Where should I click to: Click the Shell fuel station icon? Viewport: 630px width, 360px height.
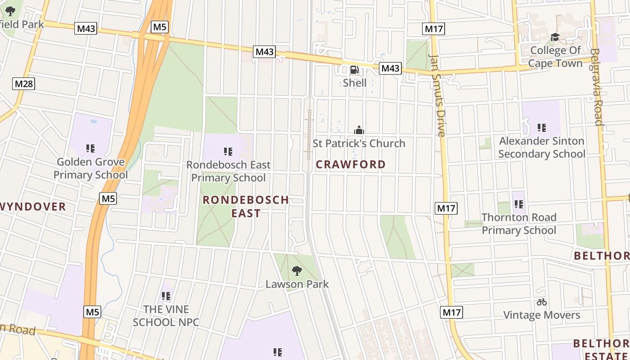pyautogui.click(x=355, y=70)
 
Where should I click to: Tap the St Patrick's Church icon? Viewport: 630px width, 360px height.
pyautogui.click(x=359, y=130)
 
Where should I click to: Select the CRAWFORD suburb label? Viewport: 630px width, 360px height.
pyautogui.click(x=351, y=164)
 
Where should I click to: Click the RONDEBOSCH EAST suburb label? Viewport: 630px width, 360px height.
pyautogui.click(x=246, y=206)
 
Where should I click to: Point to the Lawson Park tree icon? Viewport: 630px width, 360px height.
pyautogui.click(x=297, y=271)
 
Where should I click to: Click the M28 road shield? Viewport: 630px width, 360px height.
pyautogui.click(x=24, y=84)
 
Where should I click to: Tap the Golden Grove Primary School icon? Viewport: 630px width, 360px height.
pyautogui.click(x=90, y=148)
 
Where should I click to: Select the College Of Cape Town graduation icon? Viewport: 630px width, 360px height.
pyautogui.click(x=555, y=37)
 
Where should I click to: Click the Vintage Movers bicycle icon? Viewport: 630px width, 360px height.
pyautogui.click(x=541, y=302)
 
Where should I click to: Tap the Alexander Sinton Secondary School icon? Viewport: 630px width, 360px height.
pyautogui.click(x=542, y=128)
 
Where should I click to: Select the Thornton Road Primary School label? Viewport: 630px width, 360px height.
pyautogui.click(x=519, y=224)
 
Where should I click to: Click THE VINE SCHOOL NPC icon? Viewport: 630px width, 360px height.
pyautogui.click(x=166, y=296)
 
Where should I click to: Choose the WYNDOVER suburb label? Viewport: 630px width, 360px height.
pyautogui.click(x=32, y=207)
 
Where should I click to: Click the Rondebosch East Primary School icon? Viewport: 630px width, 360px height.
pyautogui.click(x=228, y=152)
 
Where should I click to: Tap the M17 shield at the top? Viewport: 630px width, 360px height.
pyautogui.click(x=434, y=29)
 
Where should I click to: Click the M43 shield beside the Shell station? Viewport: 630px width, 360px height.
pyautogui.click(x=390, y=68)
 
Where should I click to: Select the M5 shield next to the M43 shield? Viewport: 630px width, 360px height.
pyautogui.click(x=160, y=27)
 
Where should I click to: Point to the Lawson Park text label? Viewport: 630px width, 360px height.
pyautogui.click(x=297, y=284)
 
